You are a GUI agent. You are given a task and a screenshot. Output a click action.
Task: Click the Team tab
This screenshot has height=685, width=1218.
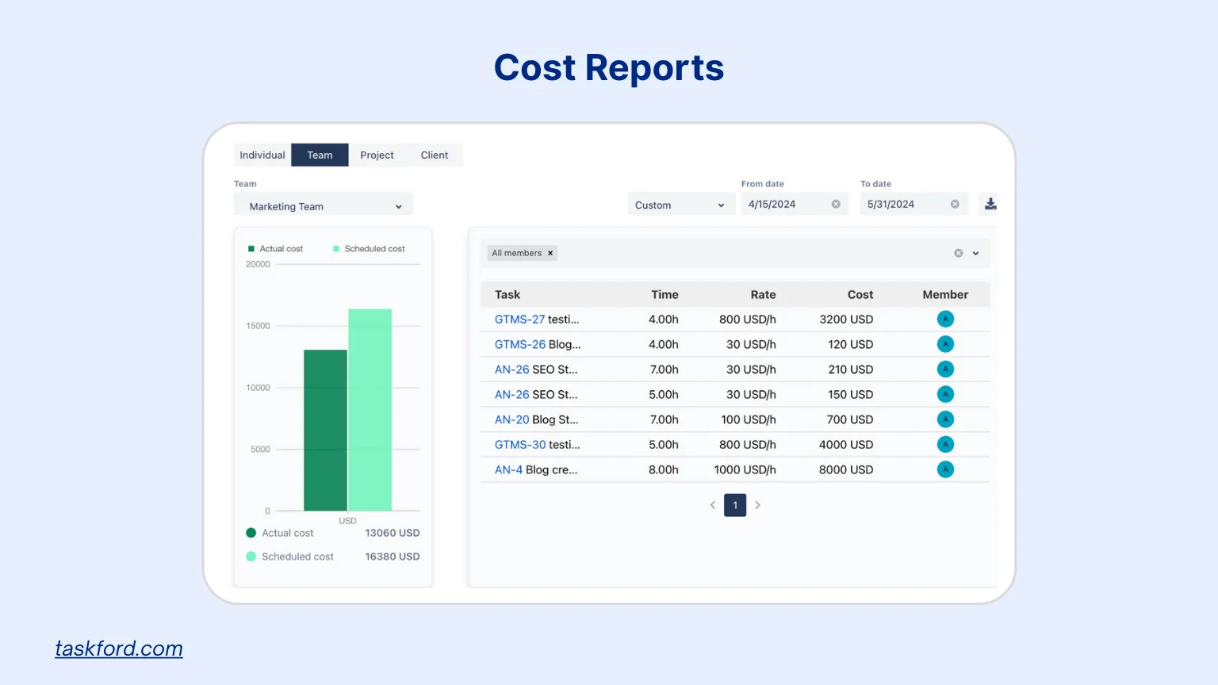point(320,155)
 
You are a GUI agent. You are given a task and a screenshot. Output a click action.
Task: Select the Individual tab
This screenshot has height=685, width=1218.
point(262,155)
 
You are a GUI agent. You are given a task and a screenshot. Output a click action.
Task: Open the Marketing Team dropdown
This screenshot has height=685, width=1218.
point(324,206)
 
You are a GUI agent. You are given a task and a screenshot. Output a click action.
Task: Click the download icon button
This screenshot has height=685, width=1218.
point(990,205)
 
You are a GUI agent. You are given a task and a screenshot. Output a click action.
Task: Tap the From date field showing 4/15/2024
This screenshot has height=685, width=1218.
point(785,205)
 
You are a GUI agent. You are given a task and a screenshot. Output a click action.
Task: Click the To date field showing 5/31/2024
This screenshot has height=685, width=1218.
point(904,205)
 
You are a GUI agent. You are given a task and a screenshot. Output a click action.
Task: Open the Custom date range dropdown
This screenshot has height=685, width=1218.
point(680,205)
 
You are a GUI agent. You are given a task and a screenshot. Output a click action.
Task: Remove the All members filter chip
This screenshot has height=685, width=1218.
point(550,254)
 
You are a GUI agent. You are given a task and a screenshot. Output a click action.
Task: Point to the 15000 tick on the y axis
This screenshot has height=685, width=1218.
point(258,326)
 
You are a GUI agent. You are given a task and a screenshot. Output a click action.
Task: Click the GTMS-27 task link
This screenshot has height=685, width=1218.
point(519,320)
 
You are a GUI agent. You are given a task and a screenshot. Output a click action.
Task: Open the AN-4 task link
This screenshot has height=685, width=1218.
point(508,470)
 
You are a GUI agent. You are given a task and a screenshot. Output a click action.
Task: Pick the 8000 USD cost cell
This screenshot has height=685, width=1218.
point(845,470)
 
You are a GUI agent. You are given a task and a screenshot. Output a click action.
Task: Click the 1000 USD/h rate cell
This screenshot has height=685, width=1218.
point(745,470)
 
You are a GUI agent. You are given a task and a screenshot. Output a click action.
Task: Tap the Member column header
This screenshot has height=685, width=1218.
point(945,295)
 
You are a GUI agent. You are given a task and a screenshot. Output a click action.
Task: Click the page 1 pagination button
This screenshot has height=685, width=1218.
point(735,505)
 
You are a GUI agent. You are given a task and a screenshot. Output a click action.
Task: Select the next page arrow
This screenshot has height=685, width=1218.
point(758,505)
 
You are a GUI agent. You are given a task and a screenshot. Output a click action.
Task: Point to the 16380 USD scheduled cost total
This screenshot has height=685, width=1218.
point(392,557)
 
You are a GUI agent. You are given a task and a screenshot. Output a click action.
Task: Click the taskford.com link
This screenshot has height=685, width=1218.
point(119,649)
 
